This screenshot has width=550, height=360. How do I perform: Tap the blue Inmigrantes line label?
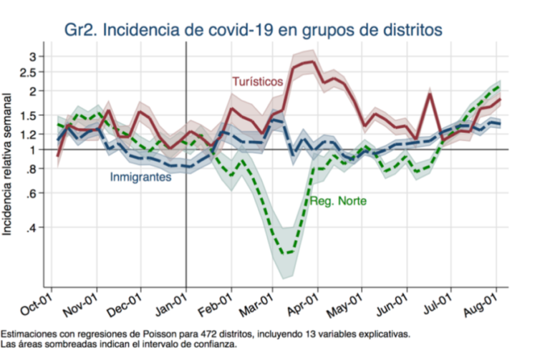tap(140, 177)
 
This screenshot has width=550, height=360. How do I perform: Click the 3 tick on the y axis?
tap(41, 56)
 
